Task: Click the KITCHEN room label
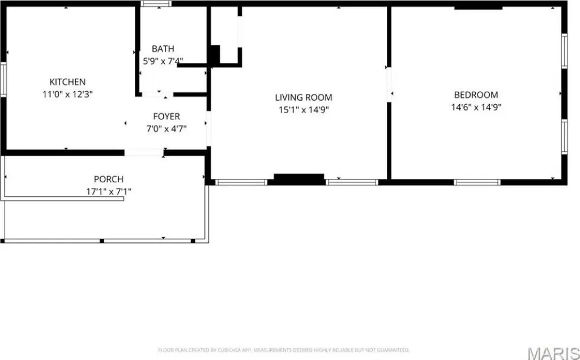[68, 82]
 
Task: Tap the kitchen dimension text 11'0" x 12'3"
[68, 95]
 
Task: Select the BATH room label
[163, 49]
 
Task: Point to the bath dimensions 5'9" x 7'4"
[163, 61]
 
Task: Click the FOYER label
[167, 117]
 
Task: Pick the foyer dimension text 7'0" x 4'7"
[167, 129]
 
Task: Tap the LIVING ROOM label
[304, 97]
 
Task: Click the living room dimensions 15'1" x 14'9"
[304, 110]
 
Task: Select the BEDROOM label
[476, 95]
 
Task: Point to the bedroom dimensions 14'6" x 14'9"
[476, 108]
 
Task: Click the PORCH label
[108, 179]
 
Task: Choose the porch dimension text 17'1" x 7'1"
[108, 191]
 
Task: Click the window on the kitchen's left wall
[3, 79]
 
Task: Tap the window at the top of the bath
[156, 4]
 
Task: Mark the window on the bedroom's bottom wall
[477, 182]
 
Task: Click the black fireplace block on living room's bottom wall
[299, 179]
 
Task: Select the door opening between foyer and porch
[144, 152]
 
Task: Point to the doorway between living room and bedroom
[389, 85]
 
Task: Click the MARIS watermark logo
[553, 353]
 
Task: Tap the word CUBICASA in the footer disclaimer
[227, 350]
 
